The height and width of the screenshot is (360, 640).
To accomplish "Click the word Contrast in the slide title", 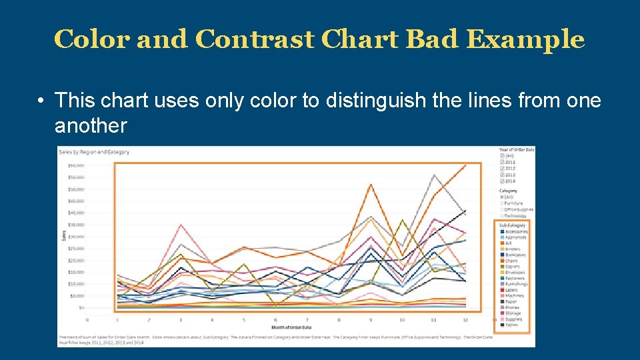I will tap(255, 40).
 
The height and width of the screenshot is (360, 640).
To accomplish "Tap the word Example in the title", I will tap(524, 40).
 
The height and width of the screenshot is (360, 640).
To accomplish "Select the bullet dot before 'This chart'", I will tap(41, 101).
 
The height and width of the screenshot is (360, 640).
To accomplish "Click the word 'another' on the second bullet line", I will tap(91, 125).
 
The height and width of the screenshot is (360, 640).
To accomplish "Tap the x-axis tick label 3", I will tap(180, 320).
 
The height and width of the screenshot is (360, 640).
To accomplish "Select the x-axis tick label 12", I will tap(465, 320).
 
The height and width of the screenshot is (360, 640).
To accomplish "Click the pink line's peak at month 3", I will tap(181, 225).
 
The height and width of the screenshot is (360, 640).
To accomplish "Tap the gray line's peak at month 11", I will tap(434, 175).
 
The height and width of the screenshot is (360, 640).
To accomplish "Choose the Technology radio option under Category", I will tap(501, 216).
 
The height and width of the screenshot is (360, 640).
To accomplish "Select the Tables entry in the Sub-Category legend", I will tap(511, 325).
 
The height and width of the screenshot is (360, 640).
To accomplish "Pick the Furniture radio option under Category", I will tap(501, 203).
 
